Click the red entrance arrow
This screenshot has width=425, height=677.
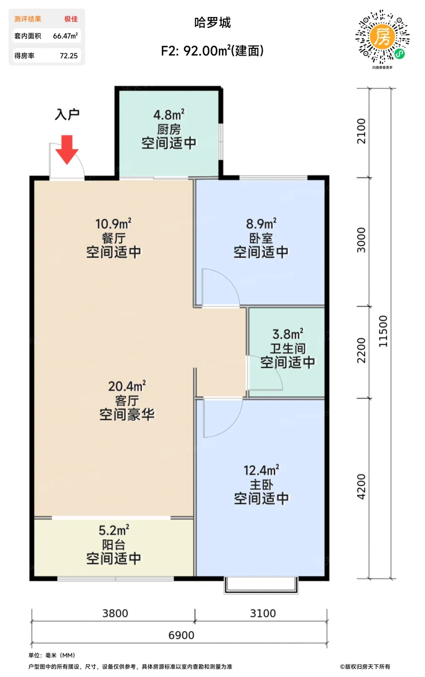pos(67,149)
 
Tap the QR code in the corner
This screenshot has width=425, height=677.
pos(382,37)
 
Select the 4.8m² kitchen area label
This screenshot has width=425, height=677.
pos(169,115)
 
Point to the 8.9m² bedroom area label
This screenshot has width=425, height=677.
pos(261,224)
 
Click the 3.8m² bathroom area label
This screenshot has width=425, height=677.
pos(288,334)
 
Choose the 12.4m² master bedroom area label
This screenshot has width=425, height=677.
pos(261,470)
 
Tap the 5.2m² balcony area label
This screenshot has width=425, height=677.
pos(114,530)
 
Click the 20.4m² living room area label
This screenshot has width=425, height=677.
pos(127,386)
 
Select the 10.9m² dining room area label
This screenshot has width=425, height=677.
pos(113,224)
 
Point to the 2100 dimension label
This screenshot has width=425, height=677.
pos(362,131)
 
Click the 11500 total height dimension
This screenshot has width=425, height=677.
pos(383,331)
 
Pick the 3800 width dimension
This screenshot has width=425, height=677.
pos(115,613)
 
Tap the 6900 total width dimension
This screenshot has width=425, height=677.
pos(181,635)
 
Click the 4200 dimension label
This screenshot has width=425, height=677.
pos(362,487)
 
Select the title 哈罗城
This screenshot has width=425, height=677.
pos(212,23)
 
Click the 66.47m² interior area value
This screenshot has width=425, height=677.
pos(65,36)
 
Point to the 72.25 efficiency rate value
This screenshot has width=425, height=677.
pos(69,56)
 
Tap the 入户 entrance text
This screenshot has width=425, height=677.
pos(67,115)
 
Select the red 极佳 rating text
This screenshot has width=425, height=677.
pos(71,19)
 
